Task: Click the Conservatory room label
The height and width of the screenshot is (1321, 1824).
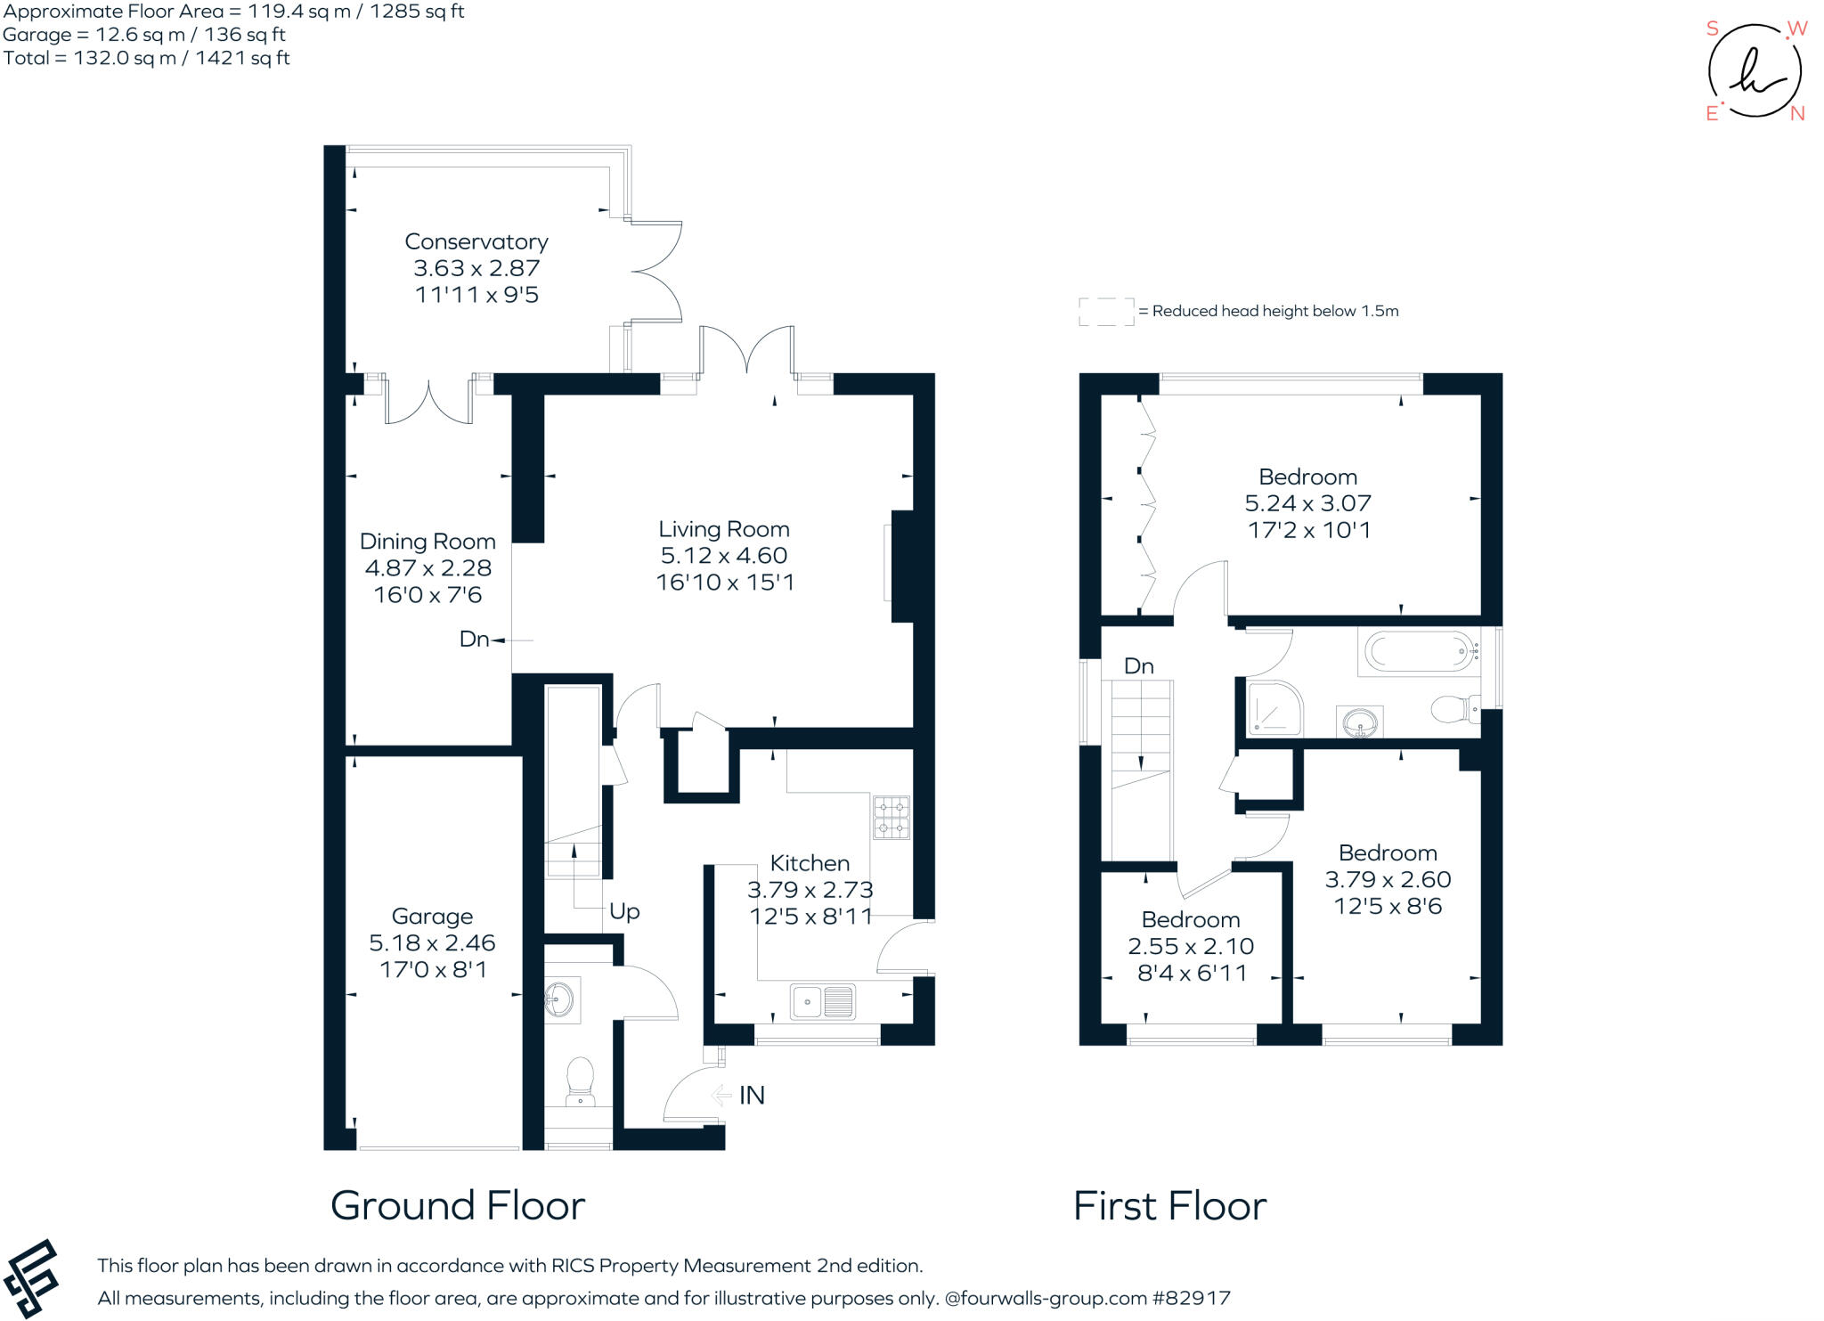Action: [476, 241]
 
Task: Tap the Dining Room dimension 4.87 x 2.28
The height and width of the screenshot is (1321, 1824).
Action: [427, 567]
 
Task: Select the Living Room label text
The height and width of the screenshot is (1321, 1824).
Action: [723, 529]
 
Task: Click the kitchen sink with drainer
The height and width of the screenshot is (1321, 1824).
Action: [823, 1001]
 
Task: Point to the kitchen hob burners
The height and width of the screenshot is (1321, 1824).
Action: [891, 818]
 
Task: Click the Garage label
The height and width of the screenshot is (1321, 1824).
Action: [432, 916]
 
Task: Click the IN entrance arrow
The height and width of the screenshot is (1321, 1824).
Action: [721, 1095]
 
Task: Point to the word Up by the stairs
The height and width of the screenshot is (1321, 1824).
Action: [624, 911]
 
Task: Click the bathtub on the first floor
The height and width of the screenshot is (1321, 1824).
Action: [1419, 652]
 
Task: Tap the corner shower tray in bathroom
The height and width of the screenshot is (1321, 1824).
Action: [1274, 710]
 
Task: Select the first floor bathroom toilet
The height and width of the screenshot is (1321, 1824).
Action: [1453, 709]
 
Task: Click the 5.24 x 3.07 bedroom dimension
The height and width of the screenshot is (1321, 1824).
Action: [1307, 503]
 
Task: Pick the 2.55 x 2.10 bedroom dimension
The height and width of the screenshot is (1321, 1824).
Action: [1191, 946]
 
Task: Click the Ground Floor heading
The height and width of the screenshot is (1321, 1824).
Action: [457, 1206]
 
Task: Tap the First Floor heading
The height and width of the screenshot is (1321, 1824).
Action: [1169, 1206]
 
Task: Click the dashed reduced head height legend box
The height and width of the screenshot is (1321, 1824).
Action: [1105, 312]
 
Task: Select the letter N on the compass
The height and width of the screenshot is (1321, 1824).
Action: [1796, 113]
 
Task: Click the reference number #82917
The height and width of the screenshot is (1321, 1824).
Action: [1191, 1298]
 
